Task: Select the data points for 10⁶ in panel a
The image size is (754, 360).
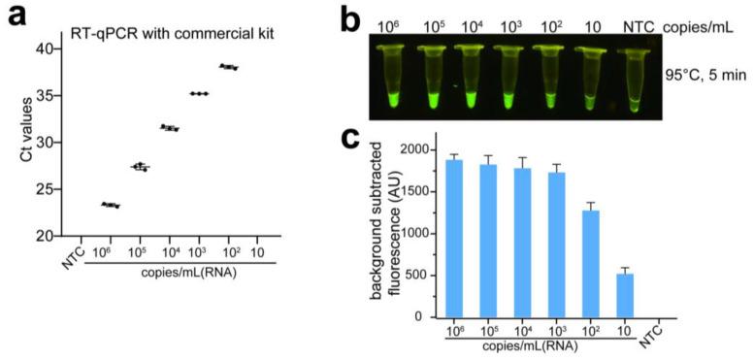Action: [111, 205]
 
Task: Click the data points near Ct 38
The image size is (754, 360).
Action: [228, 67]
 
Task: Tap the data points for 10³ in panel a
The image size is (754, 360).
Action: [199, 93]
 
